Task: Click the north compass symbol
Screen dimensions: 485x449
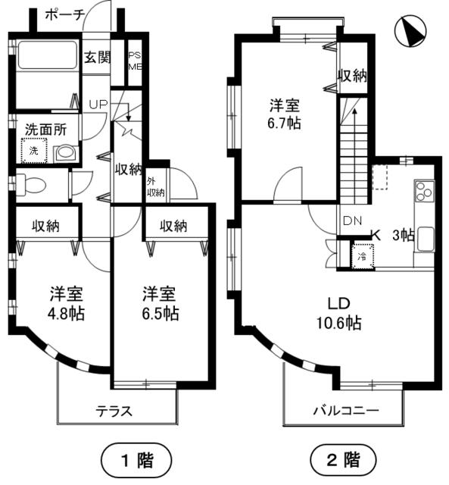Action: coord(413,31)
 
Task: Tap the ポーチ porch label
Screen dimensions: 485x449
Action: coord(64,13)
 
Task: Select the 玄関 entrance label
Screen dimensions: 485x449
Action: coord(97,57)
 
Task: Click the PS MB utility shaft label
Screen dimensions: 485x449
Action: coord(135,61)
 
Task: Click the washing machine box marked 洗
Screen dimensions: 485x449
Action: coord(34,152)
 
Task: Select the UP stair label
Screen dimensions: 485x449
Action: coord(98,104)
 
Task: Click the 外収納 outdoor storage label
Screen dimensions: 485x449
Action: coord(155,186)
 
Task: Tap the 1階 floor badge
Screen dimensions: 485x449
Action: coord(137,458)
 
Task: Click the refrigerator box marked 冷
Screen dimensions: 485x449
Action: coord(362,255)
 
